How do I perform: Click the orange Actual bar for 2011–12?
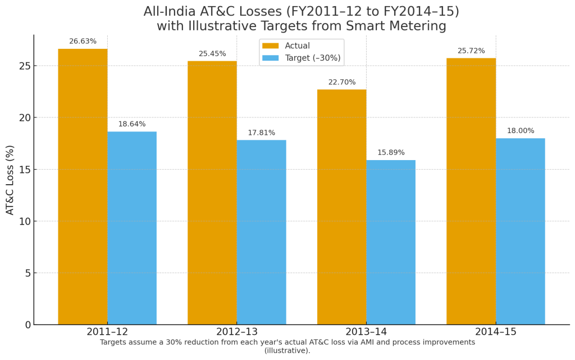[x=83, y=186]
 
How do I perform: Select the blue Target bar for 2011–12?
[x=132, y=228]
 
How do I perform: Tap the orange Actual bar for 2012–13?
[x=212, y=193]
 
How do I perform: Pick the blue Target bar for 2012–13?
[x=261, y=232]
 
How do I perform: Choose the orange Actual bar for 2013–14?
[x=341, y=207]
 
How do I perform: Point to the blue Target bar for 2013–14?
[x=391, y=242]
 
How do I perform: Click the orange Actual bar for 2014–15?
[x=471, y=191]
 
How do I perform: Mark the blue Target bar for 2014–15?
[x=521, y=231]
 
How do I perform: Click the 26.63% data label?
[x=83, y=42]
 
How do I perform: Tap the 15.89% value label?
[x=391, y=153]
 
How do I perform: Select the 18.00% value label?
[x=521, y=131]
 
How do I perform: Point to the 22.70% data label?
[x=342, y=83]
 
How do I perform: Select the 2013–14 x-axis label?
[x=366, y=332]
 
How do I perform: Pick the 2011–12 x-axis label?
[x=107, y=332]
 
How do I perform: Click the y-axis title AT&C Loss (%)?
[x=10, y=180]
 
